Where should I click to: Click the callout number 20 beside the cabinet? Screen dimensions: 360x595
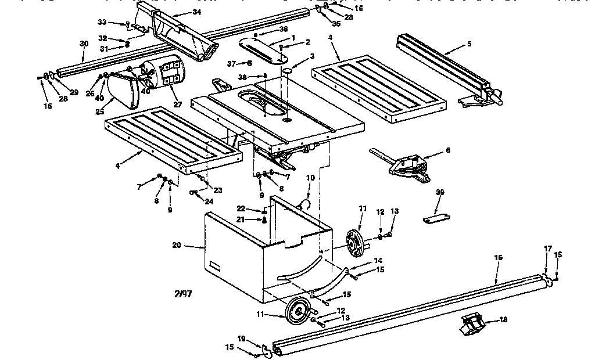pos(177,245)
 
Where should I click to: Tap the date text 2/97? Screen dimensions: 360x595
pos(184,293)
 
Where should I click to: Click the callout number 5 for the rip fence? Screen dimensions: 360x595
pos(469,44)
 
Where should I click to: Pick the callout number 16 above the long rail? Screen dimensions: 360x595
pos(498,257)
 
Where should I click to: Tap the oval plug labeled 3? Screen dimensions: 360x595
pos(287,71)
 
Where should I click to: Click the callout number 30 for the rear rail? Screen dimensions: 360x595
pos(84,44)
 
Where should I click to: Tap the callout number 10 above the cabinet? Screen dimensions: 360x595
pos(310,177)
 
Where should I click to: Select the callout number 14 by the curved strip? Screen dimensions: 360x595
pos(378,261)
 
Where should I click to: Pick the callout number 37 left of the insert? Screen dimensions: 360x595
pos(230,63)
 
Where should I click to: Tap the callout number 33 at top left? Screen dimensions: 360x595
pos(102,22)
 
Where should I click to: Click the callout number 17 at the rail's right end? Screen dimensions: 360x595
pos(547,249)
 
